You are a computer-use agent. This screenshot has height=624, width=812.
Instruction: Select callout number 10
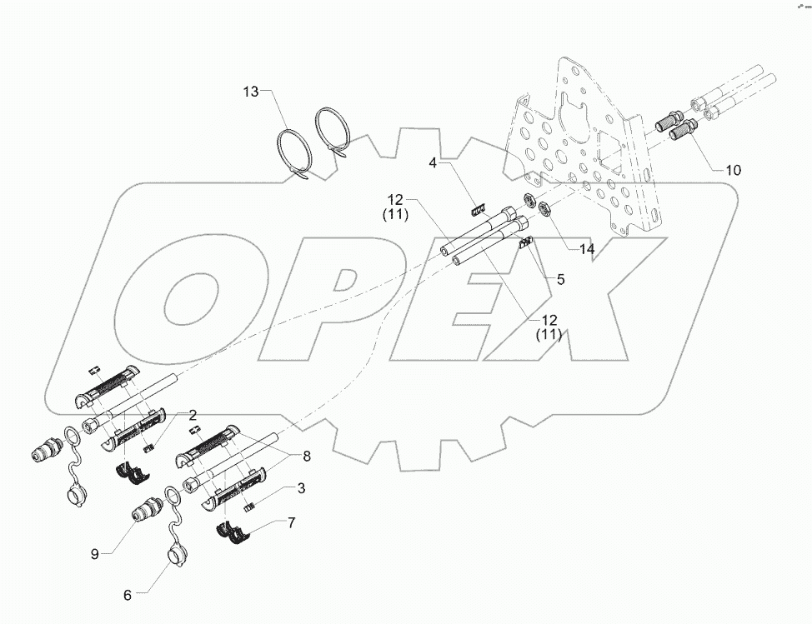click(732, 170)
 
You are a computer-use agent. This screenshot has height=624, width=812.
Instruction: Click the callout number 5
click(560, 280)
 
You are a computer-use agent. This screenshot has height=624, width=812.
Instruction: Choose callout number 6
click(128, 595)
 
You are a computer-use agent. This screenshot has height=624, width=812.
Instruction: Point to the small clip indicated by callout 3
click(248, 506)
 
